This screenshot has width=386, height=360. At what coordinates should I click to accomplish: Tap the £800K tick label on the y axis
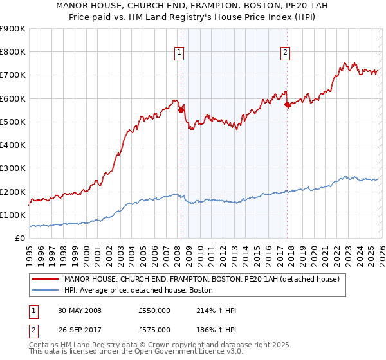pos(13,52)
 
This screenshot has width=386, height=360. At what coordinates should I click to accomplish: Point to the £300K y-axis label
pos(13,168)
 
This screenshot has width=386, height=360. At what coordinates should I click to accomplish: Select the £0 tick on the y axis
pos(19,239)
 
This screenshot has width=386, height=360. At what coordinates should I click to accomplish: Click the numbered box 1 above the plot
pos(178,53)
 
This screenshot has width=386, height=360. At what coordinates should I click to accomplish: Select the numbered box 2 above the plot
pos(285,53)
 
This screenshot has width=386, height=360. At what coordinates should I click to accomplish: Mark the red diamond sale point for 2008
pos(181,110)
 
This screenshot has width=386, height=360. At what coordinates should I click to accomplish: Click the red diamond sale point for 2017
pos(287,105)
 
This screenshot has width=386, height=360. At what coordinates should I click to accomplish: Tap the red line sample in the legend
pos(46,280)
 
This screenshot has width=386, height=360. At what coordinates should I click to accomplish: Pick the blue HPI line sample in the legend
pos(46,291)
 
